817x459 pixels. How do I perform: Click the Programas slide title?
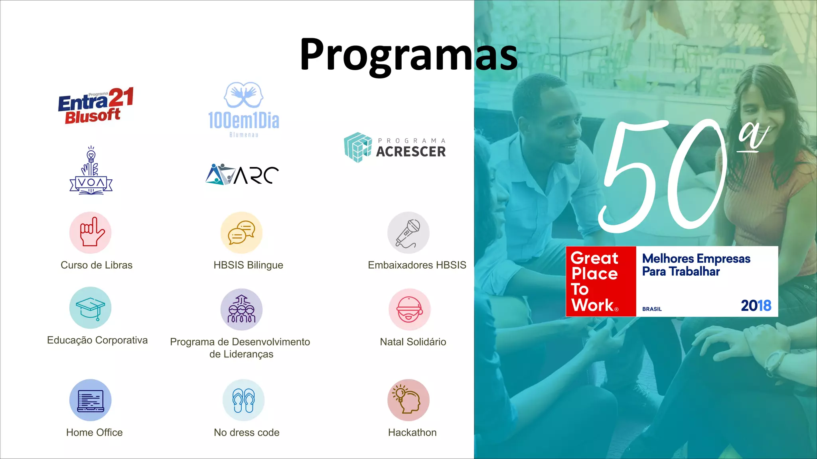(408, 55)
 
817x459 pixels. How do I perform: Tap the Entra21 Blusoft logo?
(96, 106)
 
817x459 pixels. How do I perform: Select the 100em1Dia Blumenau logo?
(243, 110)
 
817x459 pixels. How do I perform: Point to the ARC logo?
(242, 175)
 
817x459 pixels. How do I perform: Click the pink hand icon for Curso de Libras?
(91, 233)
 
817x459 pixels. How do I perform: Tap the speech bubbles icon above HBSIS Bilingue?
(241, 233)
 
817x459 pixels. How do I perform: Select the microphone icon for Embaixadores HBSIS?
(408, 233)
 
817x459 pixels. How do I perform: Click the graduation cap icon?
(91, 308)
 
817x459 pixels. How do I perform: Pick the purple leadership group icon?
(241, 310)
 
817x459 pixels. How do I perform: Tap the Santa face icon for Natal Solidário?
(409, 310)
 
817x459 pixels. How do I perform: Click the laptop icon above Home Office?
(91, 400)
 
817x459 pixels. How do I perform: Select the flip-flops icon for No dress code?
(243, 400)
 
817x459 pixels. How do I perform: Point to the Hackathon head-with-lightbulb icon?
(408, 400)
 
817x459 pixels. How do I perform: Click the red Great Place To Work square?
(601, 281)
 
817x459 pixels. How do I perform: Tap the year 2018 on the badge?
(756, 306)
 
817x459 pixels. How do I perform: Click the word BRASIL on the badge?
(652, 309)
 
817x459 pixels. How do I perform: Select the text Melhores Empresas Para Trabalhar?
(696, 265)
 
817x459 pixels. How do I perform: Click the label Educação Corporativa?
(97, 340)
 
